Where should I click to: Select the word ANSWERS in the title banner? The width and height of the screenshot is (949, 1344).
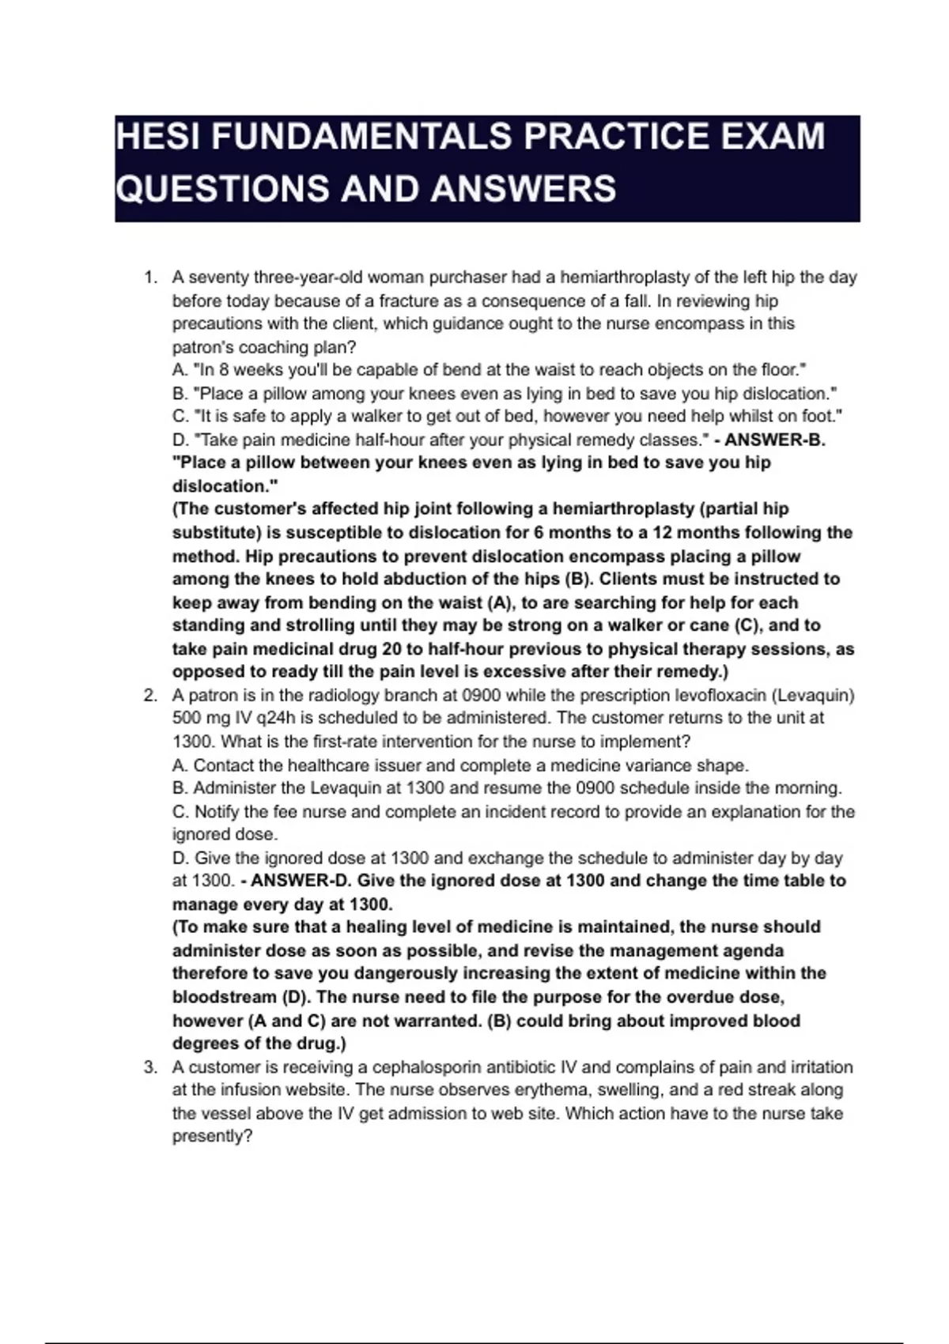point(524,189)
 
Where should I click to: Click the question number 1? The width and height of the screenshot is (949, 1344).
point(149,277)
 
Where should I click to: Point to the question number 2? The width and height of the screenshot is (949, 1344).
point(149,696)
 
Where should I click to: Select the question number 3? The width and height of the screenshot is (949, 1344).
point(149,1067)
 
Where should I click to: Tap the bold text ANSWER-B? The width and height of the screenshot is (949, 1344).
point(775,440)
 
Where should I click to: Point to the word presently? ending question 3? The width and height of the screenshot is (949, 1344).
point(212,1136)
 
